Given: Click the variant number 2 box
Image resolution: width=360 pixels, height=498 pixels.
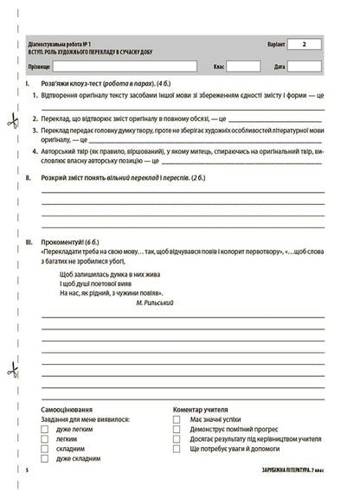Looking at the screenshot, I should [305, 43].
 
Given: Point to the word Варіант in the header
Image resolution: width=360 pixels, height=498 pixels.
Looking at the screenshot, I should [271, 43].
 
